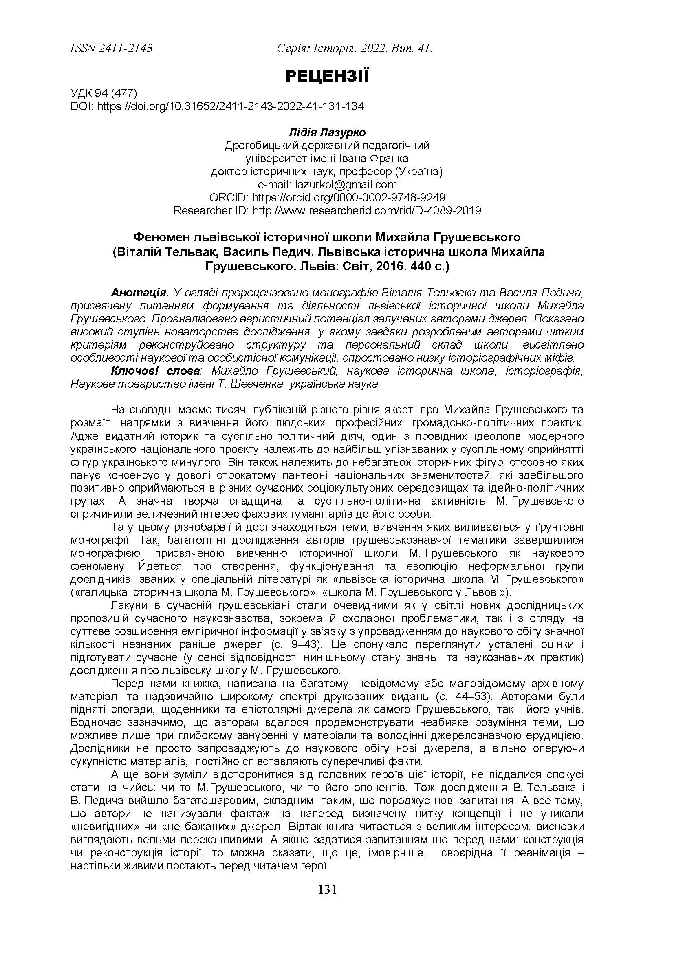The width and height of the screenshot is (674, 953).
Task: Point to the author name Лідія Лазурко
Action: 327,133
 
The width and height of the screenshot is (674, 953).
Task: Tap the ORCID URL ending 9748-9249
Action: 349,197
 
